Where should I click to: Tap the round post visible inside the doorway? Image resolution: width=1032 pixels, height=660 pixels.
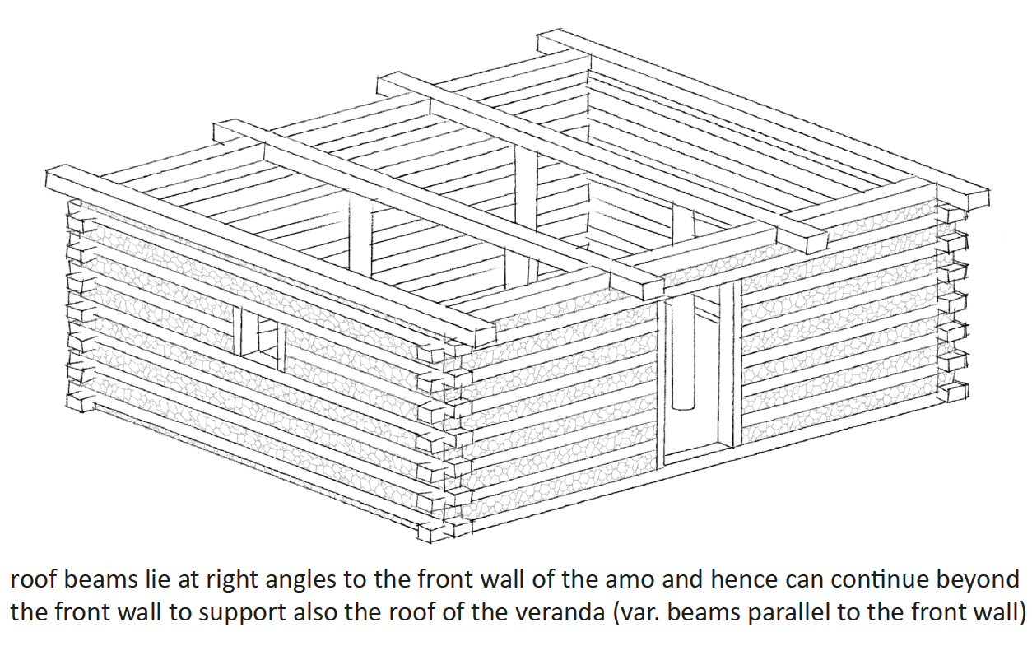(x=683, y=354)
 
